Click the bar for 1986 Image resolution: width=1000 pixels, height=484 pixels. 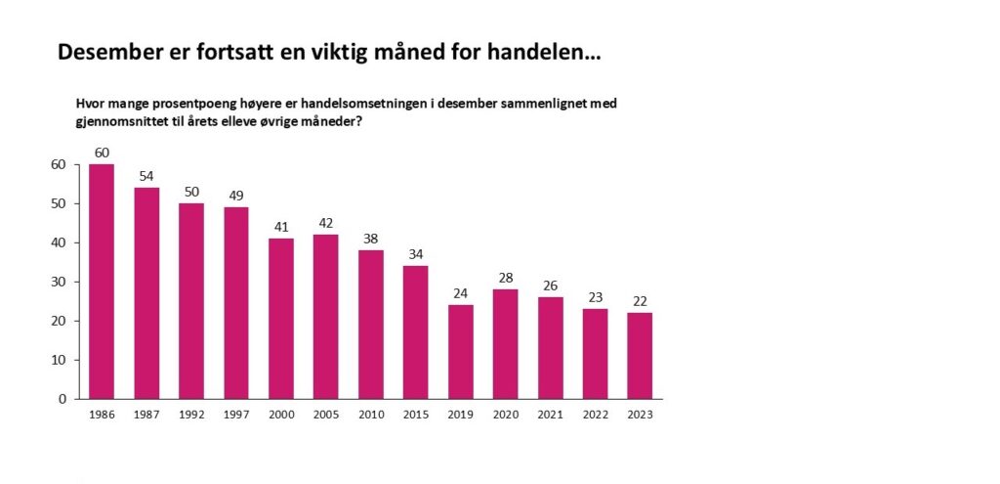[102, 282]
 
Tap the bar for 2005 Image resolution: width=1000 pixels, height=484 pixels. [326, 317]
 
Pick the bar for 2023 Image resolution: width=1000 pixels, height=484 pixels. [640, 356]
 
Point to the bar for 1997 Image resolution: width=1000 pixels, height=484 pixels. [236, 303]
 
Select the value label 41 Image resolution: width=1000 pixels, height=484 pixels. [281, 226]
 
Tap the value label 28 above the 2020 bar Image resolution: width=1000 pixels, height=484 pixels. [505, 277]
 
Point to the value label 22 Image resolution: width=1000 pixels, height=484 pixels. [640, 300]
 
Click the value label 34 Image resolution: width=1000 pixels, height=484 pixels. [415, 253]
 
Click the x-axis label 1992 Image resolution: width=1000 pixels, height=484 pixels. [191, 414]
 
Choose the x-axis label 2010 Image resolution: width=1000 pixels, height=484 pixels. [371, 414]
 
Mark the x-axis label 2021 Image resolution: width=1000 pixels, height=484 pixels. [550, 414]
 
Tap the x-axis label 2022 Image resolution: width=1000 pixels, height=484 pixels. [595, 414]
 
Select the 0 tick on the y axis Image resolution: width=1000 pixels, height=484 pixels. [62, 399]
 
